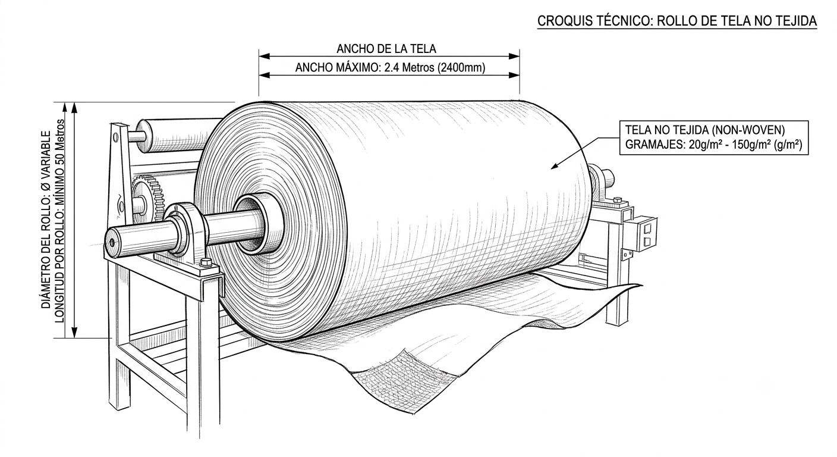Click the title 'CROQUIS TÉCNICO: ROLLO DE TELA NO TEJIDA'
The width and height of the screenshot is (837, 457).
pyautogui.click(x=677, y=21)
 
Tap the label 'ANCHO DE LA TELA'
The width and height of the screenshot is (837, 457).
pyautogui.click(x=386, y=49)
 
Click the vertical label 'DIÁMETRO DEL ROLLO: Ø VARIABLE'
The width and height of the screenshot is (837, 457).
pyautogui.click(x=46, y=220)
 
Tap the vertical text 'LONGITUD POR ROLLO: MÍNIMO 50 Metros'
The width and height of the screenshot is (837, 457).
pyautogui.click(x=60, y=221)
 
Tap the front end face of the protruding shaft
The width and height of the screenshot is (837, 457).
pyautogui.click(x=112, y=242)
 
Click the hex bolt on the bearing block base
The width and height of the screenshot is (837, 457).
pyautogui.click(x=205, y=262)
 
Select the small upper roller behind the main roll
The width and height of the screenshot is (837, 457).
pyautogui.click(x=175, y=136)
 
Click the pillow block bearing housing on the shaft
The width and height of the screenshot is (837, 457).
pyautogui.click(x=185, y=236)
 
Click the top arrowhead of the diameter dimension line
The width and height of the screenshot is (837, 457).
pyautogui.click(x=74, y=108)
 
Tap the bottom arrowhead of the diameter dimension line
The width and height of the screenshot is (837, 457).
pyautogui.click(x=74, y=333)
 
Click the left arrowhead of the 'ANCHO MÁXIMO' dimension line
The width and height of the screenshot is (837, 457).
pyautogui.click(x=264, y=75)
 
